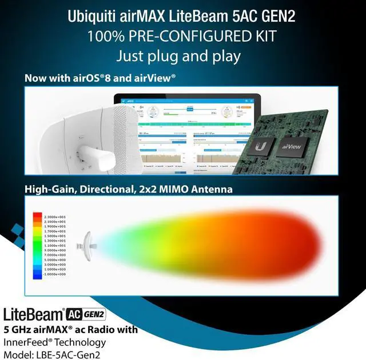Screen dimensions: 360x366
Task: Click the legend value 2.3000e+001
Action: point(55,215)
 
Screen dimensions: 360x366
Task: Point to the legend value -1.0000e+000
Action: point(55,274)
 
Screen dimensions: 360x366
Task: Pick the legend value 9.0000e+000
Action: point(55,249)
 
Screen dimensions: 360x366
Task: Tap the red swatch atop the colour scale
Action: point(38,216)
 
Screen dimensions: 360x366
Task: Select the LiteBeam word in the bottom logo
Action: point(33,315)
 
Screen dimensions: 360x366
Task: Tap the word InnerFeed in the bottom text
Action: point(26,342)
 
